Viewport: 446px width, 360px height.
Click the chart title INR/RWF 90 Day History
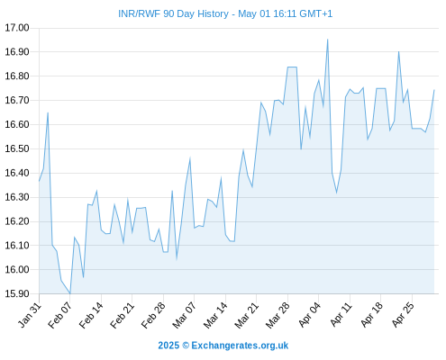pyautogui.click(x=173, y=13)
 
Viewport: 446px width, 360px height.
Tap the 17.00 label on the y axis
pyautogui.click(x=17, y=28)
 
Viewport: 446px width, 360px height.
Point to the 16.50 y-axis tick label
pyautogui.click(x=17, y=148)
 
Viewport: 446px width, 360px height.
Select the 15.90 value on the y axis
pyautogui.click(x=17, y=293)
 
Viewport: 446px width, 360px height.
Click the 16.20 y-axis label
pyautogui.click(x=17, y=221)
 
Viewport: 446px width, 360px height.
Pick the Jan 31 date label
pyautogui.click(x=30, y=315)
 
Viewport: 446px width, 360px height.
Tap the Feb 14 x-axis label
pyautogui.click(x=91, y=315)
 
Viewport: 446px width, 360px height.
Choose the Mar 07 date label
pyautogui.click(x=184, y=315)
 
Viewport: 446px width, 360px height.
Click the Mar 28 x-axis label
pyautogui.click(x=278, y=315)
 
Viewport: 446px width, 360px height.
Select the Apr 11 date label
pyautogui.click(x=341, y=315)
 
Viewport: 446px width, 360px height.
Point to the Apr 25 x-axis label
pyautogui.click(x=403, y=315)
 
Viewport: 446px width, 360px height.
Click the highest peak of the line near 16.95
pyautogui.click(x=328, y=40)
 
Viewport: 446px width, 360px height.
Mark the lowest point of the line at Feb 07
pyautogui.click(x=70, y=293)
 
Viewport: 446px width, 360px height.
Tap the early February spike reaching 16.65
pyautogui.click(x=48, y=112)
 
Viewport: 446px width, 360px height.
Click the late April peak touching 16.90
pyautogui.click(x=398, y=51)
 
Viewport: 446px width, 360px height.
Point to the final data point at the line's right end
pyautogui.click(x=434, y=90)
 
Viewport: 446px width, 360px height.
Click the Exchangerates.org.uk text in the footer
pyautogui.click(x=240, y=346)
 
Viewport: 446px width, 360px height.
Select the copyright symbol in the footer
pyautogui.click(x=186, y=346)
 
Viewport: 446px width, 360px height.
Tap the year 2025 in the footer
pyautogui.click(x=168, y=346)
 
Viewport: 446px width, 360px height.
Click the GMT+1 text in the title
pyautogui.click(x=316, y=13)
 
